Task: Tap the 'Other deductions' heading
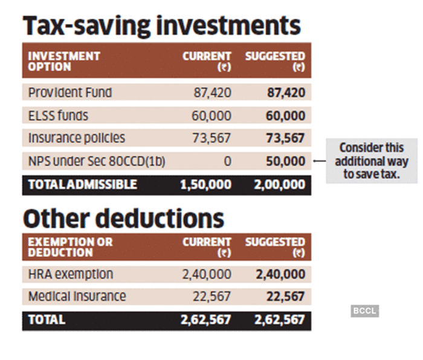(123, 217)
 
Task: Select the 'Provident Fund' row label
(70, 93)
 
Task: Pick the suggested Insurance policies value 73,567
(286, 138)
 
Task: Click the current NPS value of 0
(227, 161)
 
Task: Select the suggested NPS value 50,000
(286, 161)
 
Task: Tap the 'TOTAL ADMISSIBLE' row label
(83, 184)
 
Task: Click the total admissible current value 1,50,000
(206, 184)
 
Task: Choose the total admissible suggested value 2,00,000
(280, 184)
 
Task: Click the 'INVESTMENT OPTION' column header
(64, 61)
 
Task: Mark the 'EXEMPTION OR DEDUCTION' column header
(70, 247)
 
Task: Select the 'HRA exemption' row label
(71, 274)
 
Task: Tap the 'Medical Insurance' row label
(77, 297)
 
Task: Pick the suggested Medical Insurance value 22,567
(286, 297)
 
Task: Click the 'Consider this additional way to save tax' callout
(372, 161)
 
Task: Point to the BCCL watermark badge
(364, 311)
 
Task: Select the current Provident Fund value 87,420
(211, 93)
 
